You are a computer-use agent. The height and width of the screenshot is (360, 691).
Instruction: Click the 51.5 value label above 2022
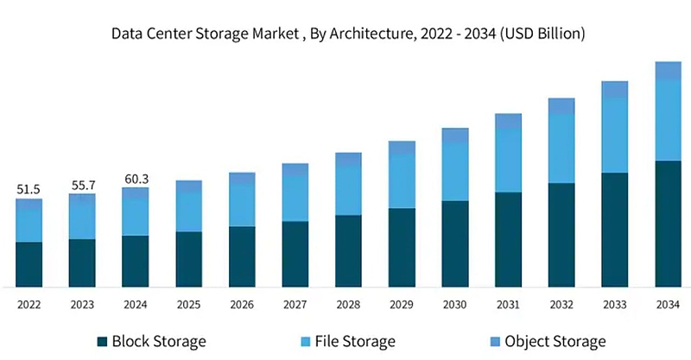point(29,188)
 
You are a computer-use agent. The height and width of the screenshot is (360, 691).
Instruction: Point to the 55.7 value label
point(82,184)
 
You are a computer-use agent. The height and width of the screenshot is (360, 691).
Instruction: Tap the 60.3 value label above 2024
point(136,179)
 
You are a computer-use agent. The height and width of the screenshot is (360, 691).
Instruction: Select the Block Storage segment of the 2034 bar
point(668,224)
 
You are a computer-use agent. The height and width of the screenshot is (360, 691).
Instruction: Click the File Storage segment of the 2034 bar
point(668,120)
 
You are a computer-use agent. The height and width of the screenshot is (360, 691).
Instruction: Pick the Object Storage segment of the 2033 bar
point(614,90)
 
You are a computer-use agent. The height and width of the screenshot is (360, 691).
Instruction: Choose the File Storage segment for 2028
point(348,190)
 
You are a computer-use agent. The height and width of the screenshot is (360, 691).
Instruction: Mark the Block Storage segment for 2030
point(454,243)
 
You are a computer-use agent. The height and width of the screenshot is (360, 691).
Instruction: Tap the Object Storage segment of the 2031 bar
point(508,121)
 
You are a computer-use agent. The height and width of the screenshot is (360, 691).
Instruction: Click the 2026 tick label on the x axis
point(242,304)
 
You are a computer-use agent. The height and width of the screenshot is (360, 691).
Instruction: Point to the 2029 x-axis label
point(402,304)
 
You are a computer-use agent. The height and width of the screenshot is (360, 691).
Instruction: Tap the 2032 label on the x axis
point(561,304)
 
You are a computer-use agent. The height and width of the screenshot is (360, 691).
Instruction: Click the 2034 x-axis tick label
point(668,304)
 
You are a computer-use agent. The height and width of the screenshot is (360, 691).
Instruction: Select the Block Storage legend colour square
point(104,341)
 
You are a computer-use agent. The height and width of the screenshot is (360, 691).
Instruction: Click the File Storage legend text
point(356,341)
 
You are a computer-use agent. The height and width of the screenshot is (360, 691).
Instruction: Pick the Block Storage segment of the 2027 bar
point(295,254)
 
